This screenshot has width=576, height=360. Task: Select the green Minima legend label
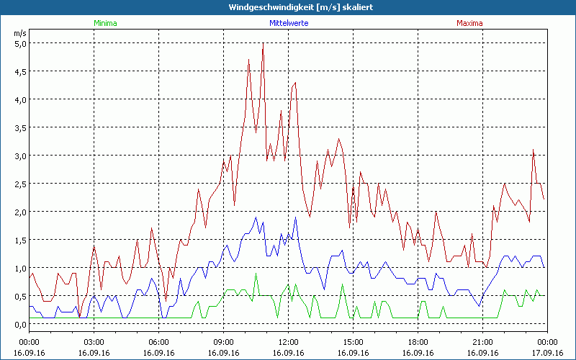point(105,23)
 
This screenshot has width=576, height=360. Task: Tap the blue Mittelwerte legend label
point(288,23)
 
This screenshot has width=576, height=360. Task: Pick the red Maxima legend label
point(469,23)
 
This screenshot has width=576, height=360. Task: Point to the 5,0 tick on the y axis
point(21,43)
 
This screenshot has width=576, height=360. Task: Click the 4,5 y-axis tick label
point(21,71)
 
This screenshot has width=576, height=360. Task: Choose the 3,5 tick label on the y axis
point(21,127)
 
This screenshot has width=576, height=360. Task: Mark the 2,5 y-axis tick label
point(21,184)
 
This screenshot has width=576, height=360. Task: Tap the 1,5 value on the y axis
point(21,240)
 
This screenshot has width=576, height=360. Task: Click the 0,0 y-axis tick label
point(21,324)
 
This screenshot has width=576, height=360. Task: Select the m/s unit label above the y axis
point(20,33)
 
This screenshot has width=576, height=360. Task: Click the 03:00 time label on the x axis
point(94,341)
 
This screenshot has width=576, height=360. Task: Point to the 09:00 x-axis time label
point(224,341)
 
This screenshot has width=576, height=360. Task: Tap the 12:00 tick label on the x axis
point(289,341)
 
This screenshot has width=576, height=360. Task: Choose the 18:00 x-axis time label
point(418,341)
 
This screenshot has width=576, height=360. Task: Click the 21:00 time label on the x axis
point(483,341)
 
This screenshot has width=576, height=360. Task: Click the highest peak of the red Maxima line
point(263,45)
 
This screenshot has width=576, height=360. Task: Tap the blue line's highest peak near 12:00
point(295,217)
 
